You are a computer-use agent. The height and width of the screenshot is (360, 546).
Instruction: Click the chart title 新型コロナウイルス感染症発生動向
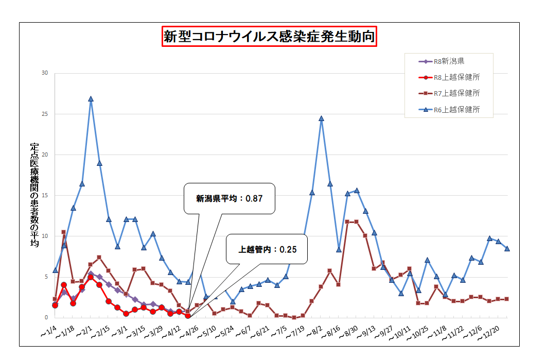point(270,37)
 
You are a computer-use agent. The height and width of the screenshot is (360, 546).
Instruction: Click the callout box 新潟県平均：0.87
point(229,198)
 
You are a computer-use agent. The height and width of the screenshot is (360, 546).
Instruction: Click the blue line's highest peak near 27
point(91,99)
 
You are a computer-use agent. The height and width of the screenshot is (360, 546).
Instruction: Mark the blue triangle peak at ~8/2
point(321,118)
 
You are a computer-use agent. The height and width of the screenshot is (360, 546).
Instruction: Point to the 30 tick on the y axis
point(44,73)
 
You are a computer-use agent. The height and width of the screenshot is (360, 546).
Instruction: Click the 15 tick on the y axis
point(44,195)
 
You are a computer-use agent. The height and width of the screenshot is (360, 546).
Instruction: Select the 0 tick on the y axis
point(46,317)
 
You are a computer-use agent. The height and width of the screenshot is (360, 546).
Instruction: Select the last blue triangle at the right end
point(507,248)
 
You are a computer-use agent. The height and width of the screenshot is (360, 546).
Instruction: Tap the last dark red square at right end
point(507,299)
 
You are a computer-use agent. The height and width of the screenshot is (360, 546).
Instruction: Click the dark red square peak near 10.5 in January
point(64,232)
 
